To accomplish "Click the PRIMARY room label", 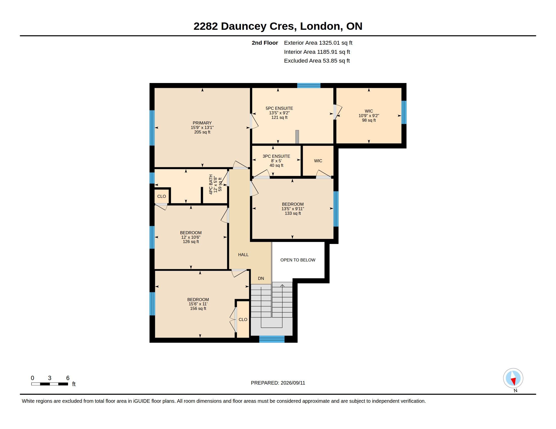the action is tap(202, 123).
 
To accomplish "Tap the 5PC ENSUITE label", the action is tap(279, 108).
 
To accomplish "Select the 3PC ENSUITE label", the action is tap(276, 156).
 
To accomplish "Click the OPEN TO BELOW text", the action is tap(298, 260).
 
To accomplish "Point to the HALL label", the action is tap(243, 255).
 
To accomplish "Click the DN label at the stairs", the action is tap(261, 279).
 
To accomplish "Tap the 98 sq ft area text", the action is tap(369, 120).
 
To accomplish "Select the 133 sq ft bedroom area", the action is tap(293, 213).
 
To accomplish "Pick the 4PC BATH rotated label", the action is tap(211, 184).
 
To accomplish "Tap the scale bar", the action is tap(50, 384).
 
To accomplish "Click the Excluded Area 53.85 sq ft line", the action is tap(317, 61).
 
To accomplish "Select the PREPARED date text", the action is tap(278, 383).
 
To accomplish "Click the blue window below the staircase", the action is tap(272, 339).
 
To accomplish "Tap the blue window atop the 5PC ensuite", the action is tap(309, 85).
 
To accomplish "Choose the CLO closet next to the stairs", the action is tap(243, 319).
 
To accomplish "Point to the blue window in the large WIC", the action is tap(404, 112).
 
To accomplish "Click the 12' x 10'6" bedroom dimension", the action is tap(191, 237).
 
